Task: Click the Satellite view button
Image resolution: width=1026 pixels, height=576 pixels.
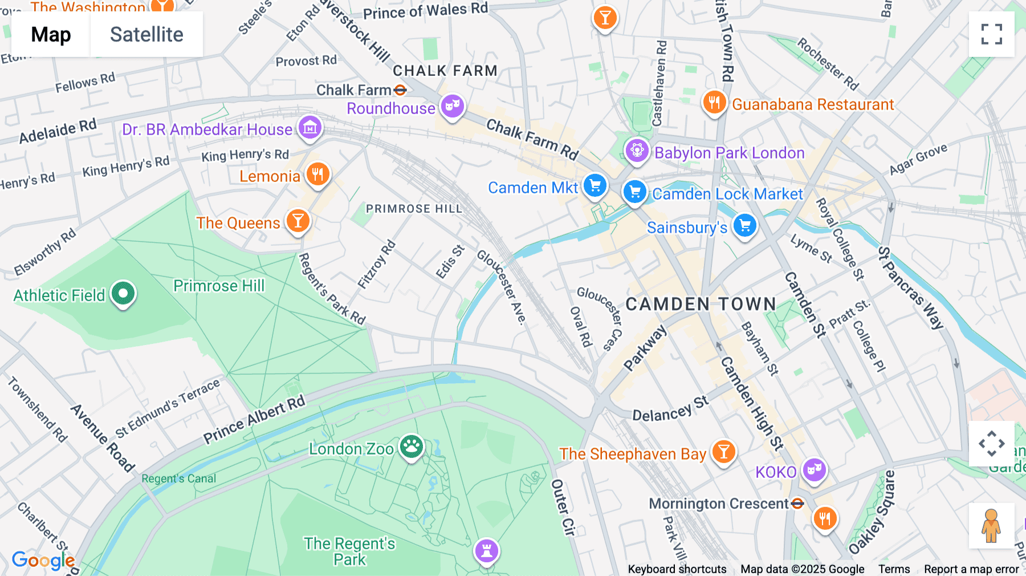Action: coord(146,34)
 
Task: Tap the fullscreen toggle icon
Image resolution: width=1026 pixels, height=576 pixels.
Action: coord(991,34)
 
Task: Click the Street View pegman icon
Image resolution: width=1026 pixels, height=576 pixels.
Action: coord(991,525)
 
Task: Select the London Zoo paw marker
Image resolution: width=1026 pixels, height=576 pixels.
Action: coord(412,447)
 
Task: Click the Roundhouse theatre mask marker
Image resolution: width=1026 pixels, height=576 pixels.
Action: coord(453,106)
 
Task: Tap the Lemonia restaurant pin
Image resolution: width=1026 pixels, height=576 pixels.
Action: coord(318,174)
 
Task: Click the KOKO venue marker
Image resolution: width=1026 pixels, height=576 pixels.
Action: coord(814,469)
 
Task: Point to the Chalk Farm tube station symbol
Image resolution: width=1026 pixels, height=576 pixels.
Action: coord(400,90)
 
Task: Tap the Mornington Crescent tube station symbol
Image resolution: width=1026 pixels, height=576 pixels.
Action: coord(797,504)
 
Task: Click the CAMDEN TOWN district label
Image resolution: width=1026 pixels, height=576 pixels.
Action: coord(701,304)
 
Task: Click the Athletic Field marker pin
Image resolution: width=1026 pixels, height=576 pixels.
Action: coord(123,293)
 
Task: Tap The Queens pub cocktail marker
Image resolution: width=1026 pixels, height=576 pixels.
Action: coord(298,221)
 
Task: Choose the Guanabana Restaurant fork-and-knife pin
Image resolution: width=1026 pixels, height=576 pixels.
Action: coord(714,103)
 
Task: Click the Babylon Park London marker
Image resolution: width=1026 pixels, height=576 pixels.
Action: coord(637,151)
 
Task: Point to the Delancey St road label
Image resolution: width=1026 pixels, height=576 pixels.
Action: coord(670,409)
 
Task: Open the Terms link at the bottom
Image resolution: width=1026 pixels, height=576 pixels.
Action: coord(894,569)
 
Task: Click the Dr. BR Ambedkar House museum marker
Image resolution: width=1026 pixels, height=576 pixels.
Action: coord(310,128)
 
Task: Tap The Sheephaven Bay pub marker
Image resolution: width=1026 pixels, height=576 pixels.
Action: coord(723,452)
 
